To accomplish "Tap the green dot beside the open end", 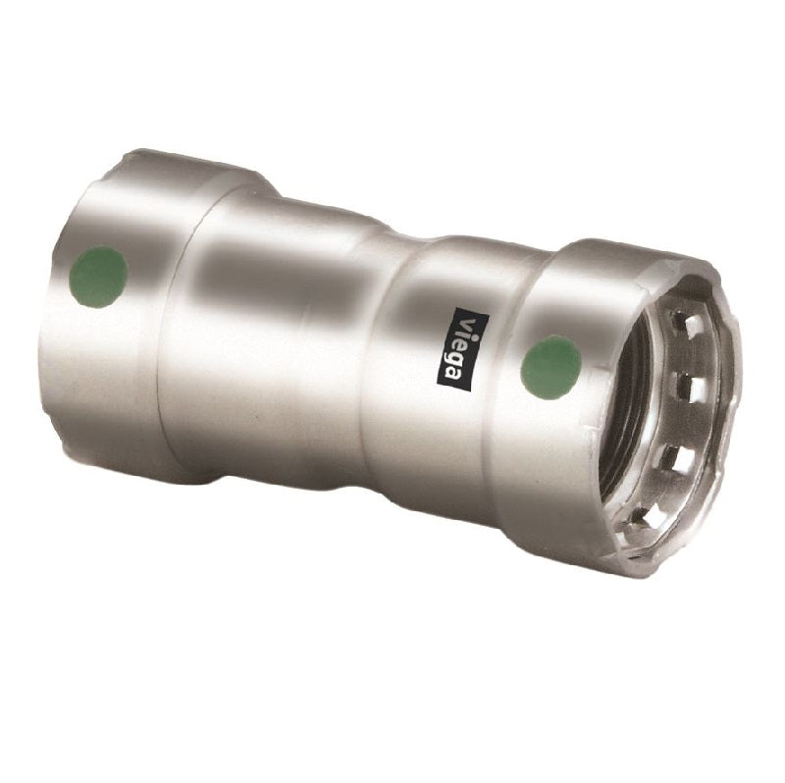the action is (x=551, y=365).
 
